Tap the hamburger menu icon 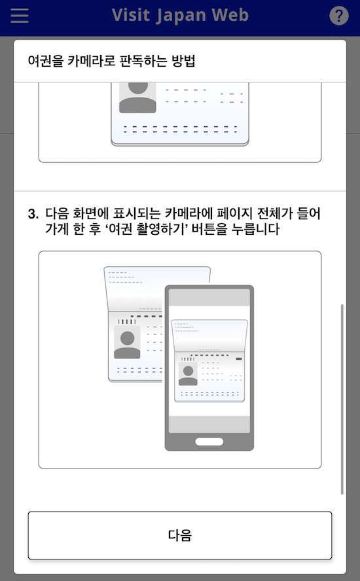[20, 16]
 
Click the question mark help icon [338, 16]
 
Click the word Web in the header [232, 16]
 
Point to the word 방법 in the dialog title [182, 62]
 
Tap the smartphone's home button [209, 442]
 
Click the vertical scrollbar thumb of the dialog [342, 399]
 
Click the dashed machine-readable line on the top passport [180, 130]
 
